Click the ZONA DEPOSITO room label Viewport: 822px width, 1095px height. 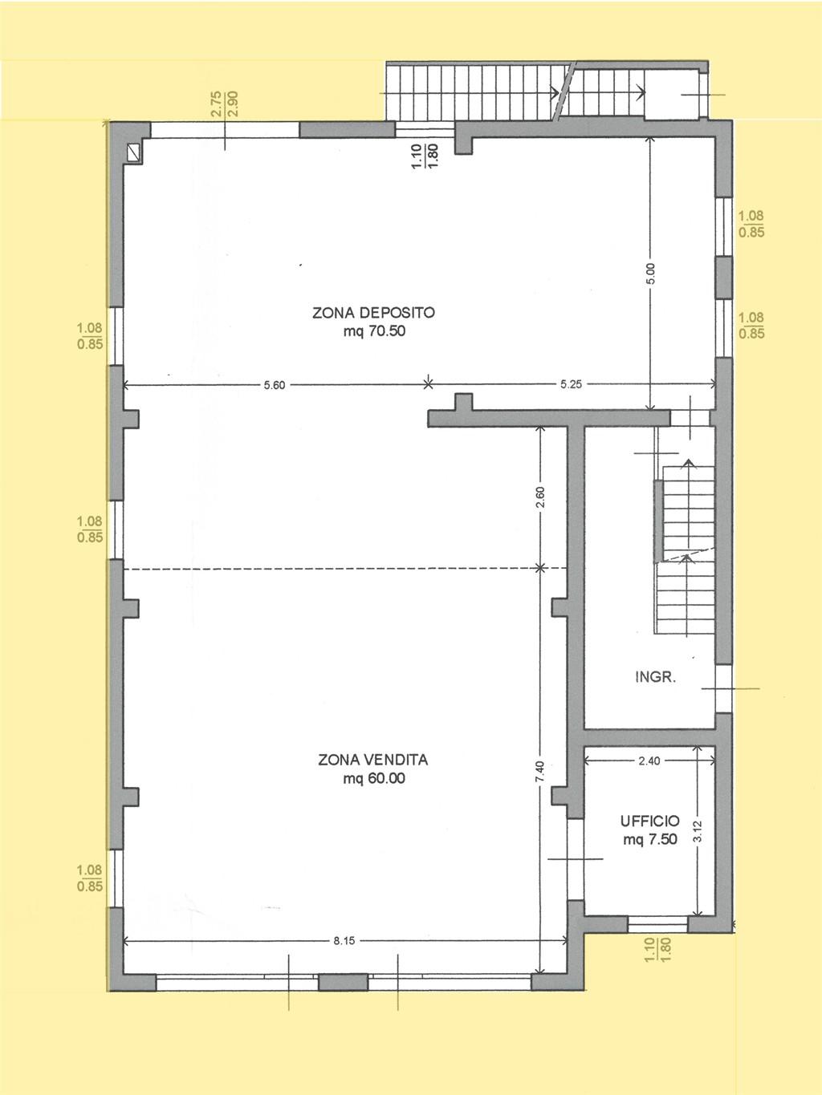[373, 313]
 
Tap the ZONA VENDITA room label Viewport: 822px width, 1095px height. [372, 760]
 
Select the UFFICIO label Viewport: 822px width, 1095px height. [650, 821]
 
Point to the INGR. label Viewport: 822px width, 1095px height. [655, 677]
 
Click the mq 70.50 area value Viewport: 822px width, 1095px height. [374, 331]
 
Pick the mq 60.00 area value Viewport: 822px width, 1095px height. [374, 778]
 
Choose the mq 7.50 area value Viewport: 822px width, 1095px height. [650, 839]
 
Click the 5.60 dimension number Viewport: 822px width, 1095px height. [275, 384]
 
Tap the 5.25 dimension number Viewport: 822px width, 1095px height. [571, 384]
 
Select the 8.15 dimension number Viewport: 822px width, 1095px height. [344, 941]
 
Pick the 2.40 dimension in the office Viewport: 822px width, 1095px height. [649, 760]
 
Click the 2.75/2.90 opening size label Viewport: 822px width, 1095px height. [225, 103]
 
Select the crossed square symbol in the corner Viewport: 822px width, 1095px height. [134, 152]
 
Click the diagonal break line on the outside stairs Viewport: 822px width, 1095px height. [564, 91]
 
